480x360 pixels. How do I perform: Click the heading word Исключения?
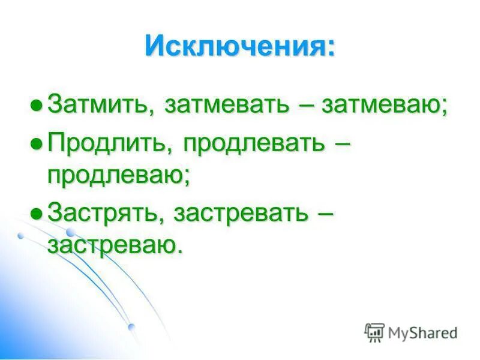click(x=235, y=46)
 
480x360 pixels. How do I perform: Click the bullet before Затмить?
click(x=37, y=106)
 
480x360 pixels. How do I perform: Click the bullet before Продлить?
click(x=37, y=143)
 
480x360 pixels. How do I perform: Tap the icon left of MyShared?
click(x=374, y=332)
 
